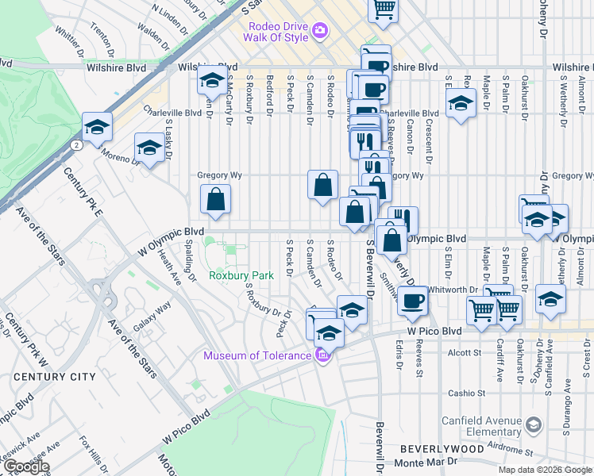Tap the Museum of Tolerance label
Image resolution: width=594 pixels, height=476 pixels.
pyautogui.click(x=257, y=355)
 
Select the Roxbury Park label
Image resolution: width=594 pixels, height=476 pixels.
pyautogui.click(x=241, y=275)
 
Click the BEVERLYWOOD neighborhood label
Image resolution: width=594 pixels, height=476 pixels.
pyautogui.click(x=442, y=448)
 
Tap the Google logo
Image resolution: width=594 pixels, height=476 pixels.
pyautogui.click(x=25, y=467)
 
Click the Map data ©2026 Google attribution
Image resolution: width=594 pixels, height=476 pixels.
pyautogui.click(x=545, y=470)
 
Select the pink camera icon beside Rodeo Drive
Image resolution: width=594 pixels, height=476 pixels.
pyautogui.click(x=321, y=31)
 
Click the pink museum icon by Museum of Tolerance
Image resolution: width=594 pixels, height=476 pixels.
pyautogui.click(x=322, y=355)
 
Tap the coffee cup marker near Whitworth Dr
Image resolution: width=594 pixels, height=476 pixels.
pyautogui.click(x=412, y=300)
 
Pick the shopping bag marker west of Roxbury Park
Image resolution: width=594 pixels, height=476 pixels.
pyautogui.click(x=216, y=200)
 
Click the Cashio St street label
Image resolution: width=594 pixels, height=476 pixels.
pyautogui.click(x=466, y=393)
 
